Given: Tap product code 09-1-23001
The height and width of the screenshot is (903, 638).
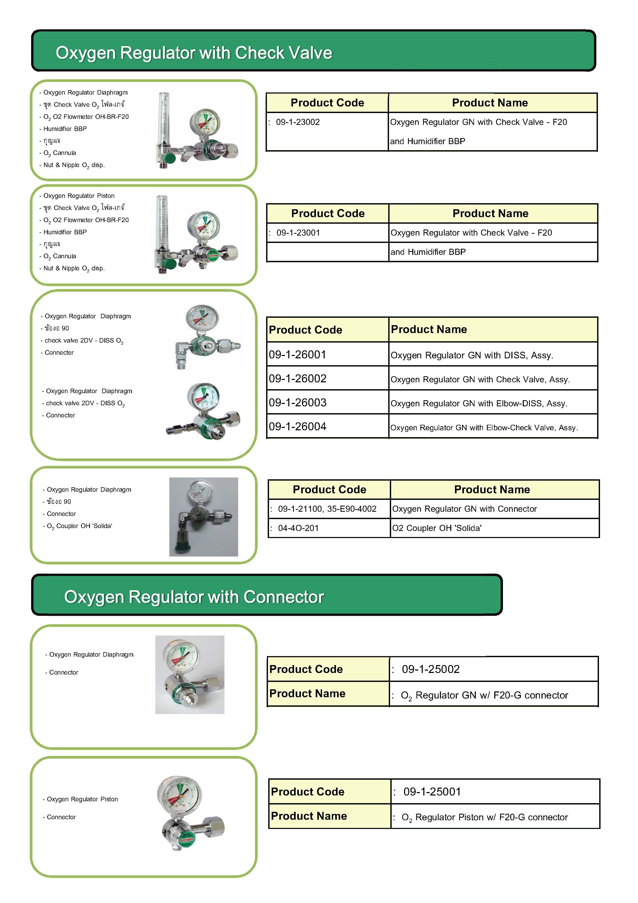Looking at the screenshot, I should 298,233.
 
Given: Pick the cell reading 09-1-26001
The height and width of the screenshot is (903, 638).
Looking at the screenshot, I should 298,355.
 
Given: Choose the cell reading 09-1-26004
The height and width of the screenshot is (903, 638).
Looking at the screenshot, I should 298,427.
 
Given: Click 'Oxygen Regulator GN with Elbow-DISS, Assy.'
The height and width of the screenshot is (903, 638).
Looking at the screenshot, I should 479,403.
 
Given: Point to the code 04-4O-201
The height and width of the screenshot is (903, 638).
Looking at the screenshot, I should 298,528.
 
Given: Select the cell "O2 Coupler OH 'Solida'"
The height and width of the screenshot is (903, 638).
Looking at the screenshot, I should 437,528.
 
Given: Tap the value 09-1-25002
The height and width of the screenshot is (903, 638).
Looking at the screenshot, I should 431,669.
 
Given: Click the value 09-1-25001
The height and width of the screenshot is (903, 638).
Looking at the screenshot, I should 432,792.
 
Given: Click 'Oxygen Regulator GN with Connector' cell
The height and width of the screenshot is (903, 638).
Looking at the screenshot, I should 464,509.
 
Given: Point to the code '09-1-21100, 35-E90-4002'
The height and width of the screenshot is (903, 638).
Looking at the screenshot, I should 327,509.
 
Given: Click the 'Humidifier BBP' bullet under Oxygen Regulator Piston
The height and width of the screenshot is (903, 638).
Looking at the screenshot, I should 65,232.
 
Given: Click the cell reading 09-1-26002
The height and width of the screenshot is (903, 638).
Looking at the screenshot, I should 298,379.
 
